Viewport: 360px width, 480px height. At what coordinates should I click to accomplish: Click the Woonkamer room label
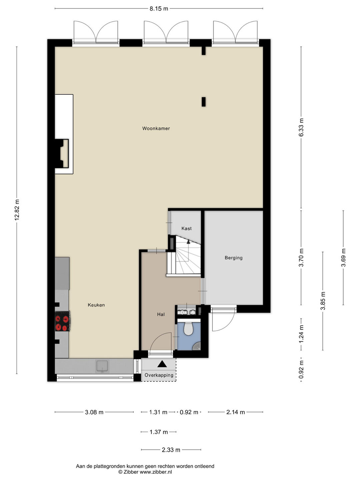click(156, 128)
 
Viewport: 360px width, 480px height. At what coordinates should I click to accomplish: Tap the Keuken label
click(96, 305)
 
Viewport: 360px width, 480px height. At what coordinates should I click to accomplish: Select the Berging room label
click(233, 258)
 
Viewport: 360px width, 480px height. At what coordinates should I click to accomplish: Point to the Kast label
click(186, 229)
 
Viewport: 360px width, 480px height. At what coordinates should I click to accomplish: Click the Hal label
click(161, 314)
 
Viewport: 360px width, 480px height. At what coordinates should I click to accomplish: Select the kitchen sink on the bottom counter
click(102, 366)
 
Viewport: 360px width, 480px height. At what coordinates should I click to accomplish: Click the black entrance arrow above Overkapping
click(162, 364)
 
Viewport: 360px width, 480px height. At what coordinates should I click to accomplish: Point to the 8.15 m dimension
click(159, 9)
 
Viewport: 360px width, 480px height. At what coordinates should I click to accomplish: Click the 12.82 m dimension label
click(17, 210)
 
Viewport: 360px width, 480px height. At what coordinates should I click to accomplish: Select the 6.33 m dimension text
click(301, 127)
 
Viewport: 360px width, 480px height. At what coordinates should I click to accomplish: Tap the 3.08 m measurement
click(94, 412)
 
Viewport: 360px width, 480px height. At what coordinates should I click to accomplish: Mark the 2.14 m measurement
click(235, 412)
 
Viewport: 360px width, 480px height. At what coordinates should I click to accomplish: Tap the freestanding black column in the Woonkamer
click(203, 102)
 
